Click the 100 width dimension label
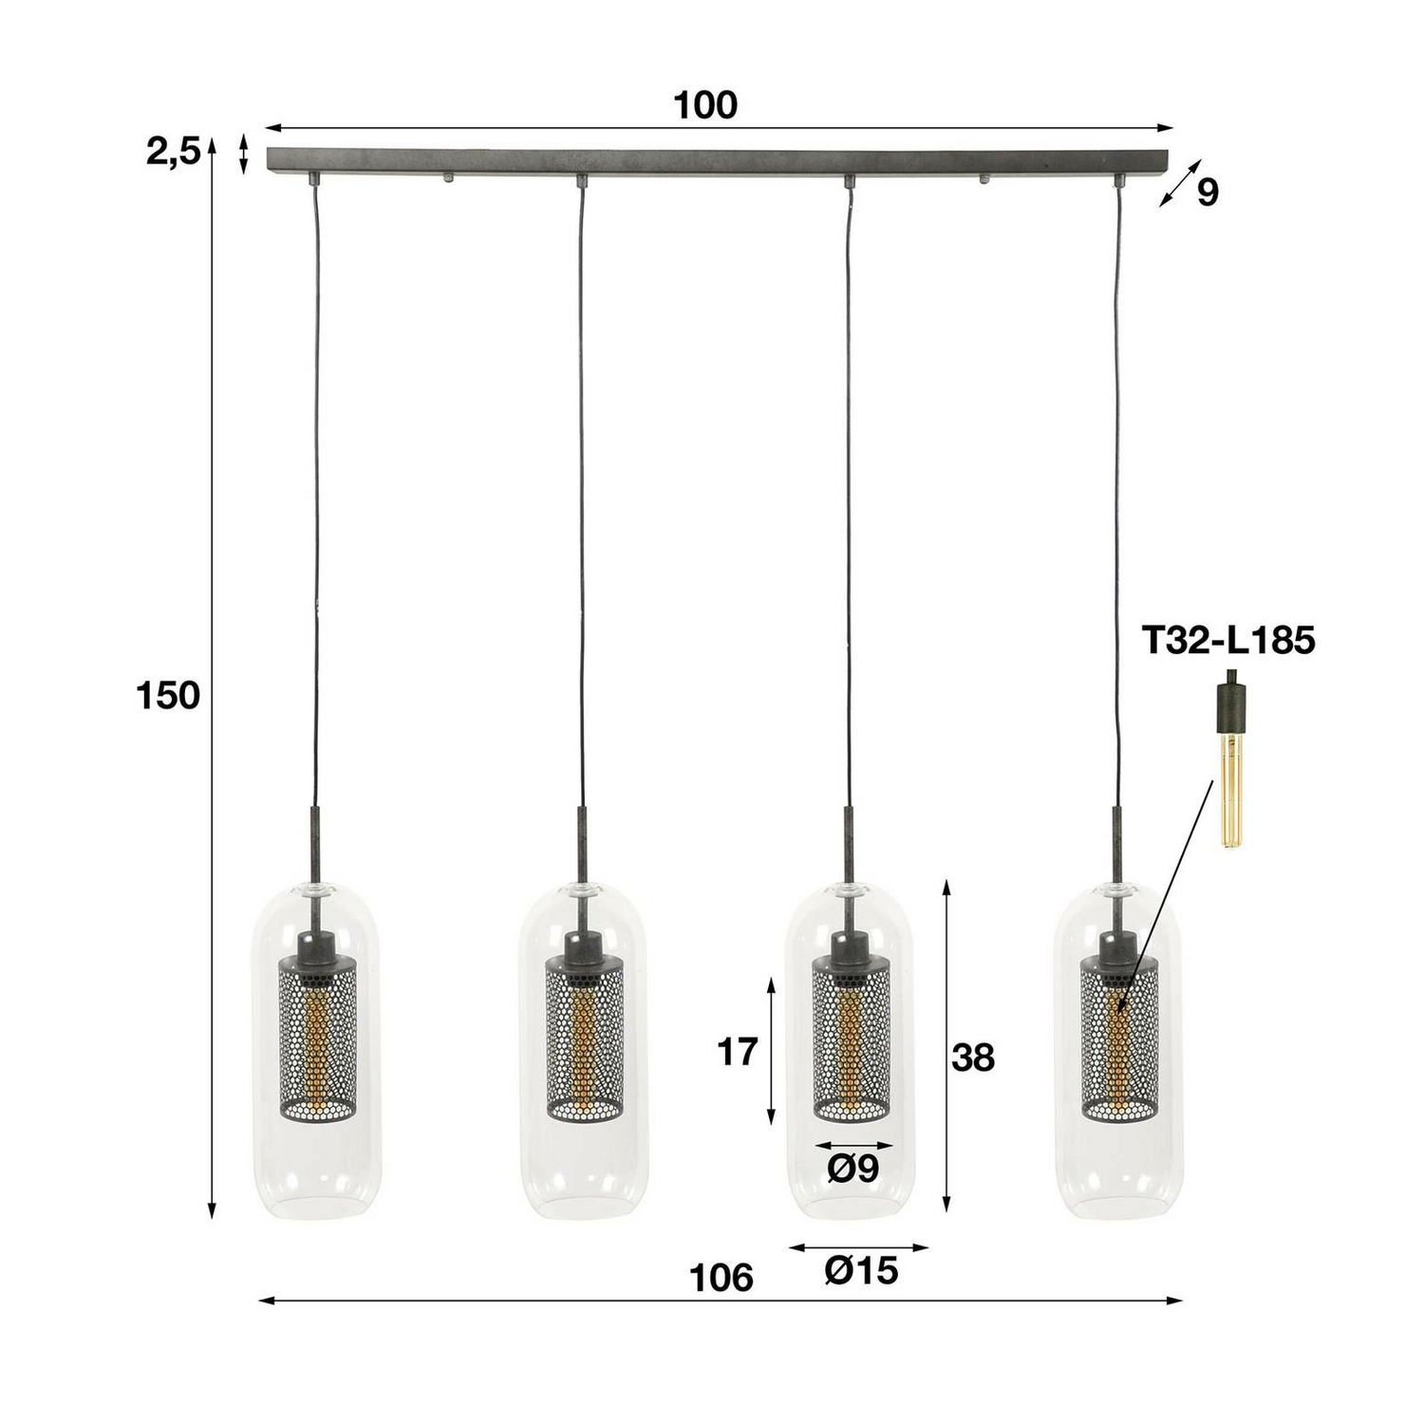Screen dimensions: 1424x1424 click(x=705, y=105)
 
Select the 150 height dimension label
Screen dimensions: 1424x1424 click(x=168, y=697)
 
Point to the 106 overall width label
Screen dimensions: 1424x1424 click(x=721, y=1278)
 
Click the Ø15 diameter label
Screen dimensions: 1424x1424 click(x=861, y=1270)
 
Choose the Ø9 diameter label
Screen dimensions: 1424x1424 click(x=853, y=1170)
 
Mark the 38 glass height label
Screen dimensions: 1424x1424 click(x=972, y=1058)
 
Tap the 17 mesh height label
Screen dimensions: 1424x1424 click(x=737, y=1052)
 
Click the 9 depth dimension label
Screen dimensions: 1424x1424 click(x=1207, y=193)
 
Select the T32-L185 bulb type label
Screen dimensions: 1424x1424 click(x=1227, y=641)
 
